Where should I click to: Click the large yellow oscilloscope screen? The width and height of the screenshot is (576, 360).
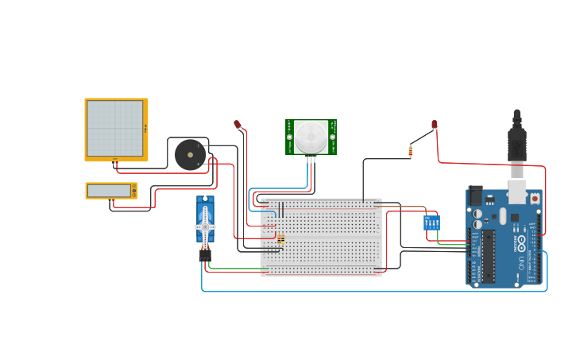(115, 129)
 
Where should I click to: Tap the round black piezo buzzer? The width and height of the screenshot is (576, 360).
(190, 154)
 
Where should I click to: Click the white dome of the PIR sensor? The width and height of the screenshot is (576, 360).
(311, 137)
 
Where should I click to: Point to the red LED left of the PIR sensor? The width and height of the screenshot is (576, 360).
(237, 125)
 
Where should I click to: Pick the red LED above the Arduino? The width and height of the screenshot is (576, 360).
(435, 125)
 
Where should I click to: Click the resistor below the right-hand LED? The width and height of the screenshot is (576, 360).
(411, 151)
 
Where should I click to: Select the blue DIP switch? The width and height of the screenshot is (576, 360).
(431, 223)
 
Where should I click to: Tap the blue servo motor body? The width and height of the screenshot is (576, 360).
(205, 219)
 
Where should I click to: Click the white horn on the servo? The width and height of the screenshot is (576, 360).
(205, 228)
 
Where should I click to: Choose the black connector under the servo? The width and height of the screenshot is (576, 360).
(205, 255)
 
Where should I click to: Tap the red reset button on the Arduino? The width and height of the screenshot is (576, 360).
(535, 198)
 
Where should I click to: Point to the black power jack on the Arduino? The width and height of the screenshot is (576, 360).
(475, 195)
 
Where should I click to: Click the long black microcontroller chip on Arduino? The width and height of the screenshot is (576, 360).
(488, 256)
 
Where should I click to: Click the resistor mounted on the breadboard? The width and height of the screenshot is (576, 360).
(280, 238)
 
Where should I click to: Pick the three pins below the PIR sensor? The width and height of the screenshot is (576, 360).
(311, 160)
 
